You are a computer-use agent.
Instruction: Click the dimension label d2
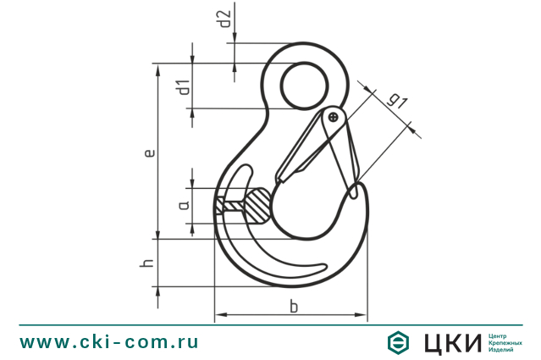click(224, 19)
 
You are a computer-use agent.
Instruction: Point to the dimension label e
click(149, 153)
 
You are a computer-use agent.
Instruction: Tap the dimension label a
click(183, 205)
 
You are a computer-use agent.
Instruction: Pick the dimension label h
click(149, 264)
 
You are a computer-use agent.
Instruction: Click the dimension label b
click(293, 306)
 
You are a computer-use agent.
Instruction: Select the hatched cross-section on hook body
click(246, 205)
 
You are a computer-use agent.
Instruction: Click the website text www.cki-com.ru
click(109, 342)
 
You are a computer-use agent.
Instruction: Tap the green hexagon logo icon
click(398, 342)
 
